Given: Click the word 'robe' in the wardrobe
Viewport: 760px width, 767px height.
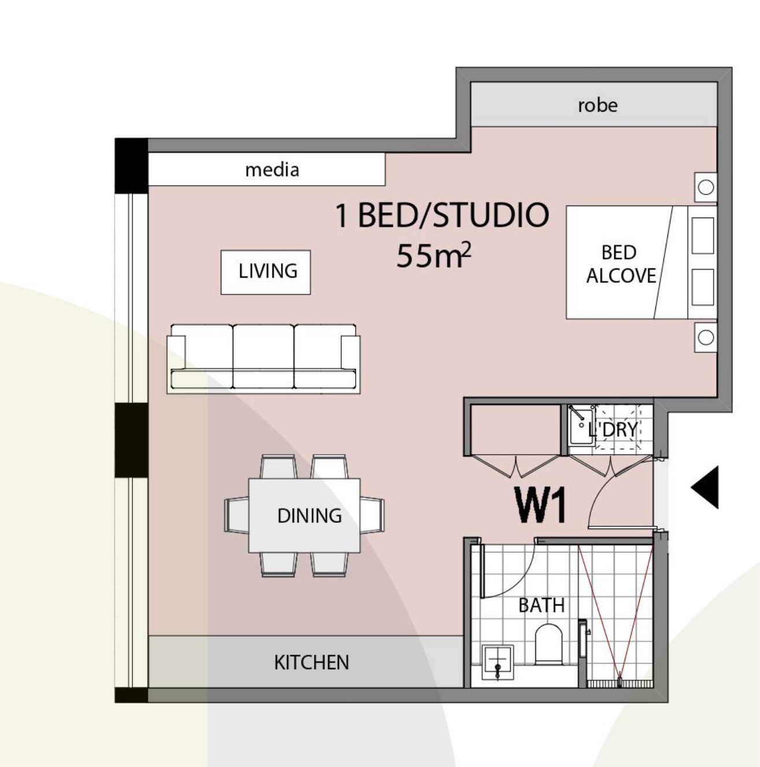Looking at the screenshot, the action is click(x=597, y=105).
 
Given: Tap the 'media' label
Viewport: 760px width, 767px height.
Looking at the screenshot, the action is click(x=272, y=170).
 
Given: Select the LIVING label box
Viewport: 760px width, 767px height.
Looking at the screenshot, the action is click(x=265, y=272).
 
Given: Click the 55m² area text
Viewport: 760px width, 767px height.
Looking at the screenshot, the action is click(x=433, y=256).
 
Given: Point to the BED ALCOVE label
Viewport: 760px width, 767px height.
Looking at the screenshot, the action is click(x=621, y=264).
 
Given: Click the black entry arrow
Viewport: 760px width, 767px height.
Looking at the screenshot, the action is click(x=705, y=487).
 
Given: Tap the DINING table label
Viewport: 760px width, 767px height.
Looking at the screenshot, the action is click(x=309, y=516).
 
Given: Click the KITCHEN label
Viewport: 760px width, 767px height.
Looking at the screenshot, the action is click(x=311, y=663).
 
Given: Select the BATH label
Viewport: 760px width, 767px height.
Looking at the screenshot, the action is click(x=541, y=606).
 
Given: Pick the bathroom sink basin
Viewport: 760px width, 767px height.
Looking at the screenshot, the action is click(x=497, y=662).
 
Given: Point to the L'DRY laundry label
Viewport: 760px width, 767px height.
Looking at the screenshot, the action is click(x=613, y=430).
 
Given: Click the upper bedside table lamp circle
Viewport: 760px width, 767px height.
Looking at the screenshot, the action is click(x=706, y=187).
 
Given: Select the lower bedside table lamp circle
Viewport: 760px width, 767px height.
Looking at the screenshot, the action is click(x=706, y=338).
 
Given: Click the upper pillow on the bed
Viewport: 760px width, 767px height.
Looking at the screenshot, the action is click(x=703, y=235).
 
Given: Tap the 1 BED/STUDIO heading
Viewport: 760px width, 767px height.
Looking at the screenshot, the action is click(x=442, y=215).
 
